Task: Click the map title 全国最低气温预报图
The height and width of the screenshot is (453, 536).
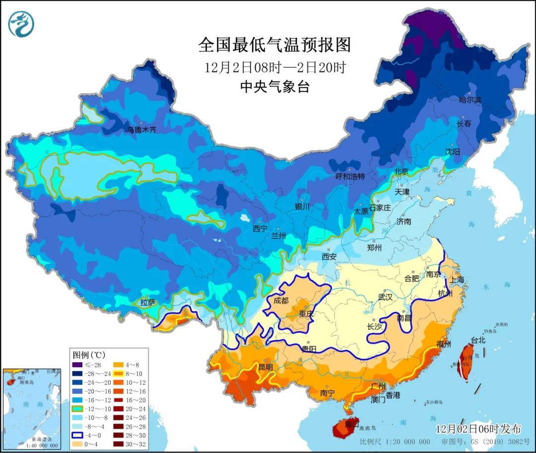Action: pos(274,45)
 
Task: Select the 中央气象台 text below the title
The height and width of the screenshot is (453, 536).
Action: pos(274,87)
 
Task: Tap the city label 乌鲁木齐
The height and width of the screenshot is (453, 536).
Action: pos(141,130)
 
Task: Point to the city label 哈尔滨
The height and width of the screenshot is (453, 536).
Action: pos(469,100)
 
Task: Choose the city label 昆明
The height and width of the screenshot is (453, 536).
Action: pos(266,367)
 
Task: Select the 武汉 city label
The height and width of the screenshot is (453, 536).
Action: pos(385,297)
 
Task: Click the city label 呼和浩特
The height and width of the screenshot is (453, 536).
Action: pos(350,176)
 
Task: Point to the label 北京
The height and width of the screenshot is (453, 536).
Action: pos(401,171)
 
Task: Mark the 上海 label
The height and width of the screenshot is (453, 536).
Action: pos(457,280)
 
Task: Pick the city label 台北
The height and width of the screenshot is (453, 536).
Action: pos(478,340)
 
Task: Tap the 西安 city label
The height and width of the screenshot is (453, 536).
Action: pos(329,257)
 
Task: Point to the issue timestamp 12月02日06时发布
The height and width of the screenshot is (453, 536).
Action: pos(478,429)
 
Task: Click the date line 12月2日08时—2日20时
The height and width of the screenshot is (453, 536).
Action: pos(274,67)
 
